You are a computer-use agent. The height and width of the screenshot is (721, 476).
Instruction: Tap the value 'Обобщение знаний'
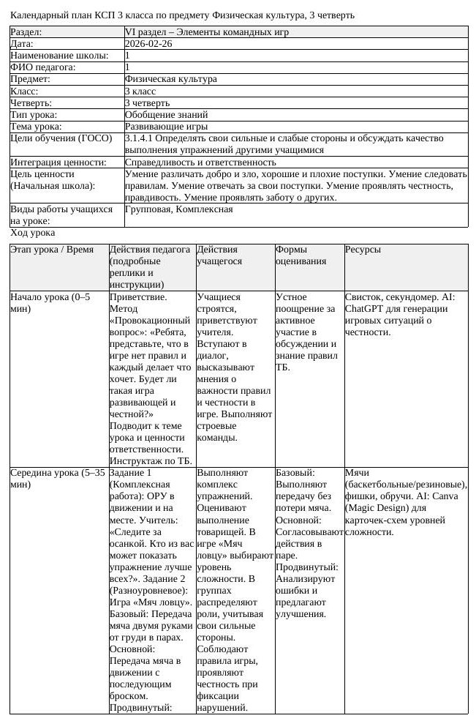click(166, 114)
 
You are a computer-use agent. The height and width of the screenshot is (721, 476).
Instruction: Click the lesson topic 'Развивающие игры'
click(162, 126)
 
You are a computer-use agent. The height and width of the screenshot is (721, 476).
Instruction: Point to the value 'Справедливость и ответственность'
click(200, 162)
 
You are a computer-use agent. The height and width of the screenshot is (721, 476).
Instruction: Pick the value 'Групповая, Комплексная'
click(179, 209)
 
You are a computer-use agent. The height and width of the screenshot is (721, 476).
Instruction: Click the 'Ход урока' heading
click(33, 233)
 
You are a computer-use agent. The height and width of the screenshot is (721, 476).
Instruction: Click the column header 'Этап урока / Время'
click(53, 250)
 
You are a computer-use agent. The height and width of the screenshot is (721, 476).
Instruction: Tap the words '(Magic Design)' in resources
click(377, 508)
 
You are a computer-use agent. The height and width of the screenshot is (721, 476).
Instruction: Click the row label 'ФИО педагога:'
click(43, 67)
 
